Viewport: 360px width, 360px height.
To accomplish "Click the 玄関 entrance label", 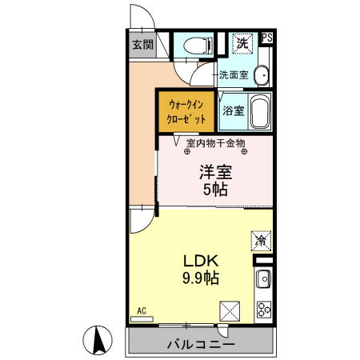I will (143, 45).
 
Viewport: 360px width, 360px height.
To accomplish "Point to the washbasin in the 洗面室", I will (262, 75).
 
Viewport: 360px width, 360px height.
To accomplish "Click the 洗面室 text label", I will (233, 75).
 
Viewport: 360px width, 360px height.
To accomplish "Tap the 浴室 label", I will (233, 110).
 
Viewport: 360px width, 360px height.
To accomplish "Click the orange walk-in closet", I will (186, 111).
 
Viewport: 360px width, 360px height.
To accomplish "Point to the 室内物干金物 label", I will (215, 143).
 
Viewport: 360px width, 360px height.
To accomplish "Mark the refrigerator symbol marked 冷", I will (261, 238).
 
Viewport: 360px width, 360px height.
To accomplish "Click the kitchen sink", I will (263, 281).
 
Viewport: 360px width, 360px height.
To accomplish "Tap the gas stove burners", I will (263, 309).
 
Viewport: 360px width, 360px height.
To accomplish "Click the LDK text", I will (202, 262).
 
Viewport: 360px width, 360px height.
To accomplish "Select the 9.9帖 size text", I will (202, 278).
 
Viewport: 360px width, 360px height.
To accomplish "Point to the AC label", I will (141, 310).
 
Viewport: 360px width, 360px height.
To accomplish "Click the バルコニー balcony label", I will (201, 346).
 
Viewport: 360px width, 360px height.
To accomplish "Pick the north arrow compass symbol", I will (99, 340).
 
